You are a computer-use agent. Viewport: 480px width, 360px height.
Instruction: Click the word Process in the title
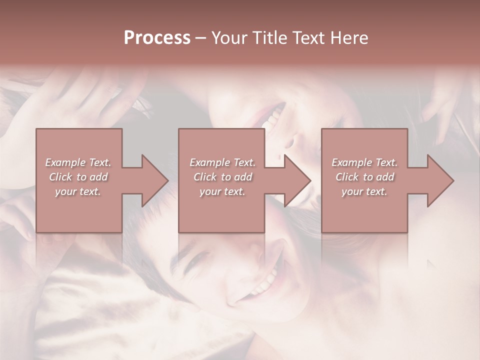coord(157,38)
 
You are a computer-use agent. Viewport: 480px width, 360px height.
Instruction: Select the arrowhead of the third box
coord(440,180)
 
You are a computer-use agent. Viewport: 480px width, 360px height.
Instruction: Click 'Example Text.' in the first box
coord(78,162)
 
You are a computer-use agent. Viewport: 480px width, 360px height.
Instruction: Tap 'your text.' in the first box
coord(78,191)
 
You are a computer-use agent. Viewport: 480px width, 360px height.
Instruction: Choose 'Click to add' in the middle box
coord(222,177)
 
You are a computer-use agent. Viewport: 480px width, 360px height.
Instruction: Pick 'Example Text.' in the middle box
coord(222,162)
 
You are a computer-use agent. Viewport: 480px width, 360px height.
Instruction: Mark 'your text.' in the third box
coord(364,191)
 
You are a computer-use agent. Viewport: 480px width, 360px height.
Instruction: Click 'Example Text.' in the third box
coord(364,162)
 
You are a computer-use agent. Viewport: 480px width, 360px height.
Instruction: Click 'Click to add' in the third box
coord(364,177)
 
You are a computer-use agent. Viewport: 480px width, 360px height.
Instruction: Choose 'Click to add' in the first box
coord(78,177)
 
